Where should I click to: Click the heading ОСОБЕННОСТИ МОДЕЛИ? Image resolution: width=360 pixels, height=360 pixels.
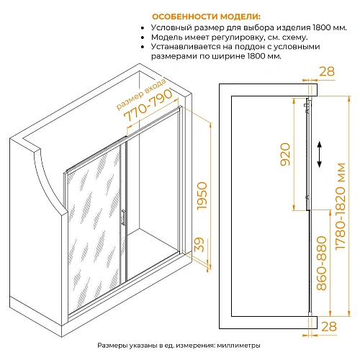click(206, 17)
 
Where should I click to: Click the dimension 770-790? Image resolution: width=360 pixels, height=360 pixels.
click(148, 106)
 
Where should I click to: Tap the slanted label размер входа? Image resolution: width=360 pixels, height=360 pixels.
click(141, 94)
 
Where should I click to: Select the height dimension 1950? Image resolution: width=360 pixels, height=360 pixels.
click(202, 196)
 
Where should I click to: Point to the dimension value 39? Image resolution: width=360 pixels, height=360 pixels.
click(199, 245)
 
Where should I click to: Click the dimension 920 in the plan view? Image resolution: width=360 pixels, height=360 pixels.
click(285, 154)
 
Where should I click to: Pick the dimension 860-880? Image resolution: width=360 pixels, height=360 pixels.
click(322, 263)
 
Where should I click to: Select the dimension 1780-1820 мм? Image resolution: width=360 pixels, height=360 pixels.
click(341, 207)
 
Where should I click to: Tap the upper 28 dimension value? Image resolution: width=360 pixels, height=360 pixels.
click(327, 71)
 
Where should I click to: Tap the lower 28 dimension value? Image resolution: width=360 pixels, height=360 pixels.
click(329, 326)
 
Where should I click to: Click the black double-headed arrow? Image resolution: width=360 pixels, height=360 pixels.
click(319, 154)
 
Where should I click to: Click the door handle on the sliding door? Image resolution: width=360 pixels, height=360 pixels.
click(123, 217)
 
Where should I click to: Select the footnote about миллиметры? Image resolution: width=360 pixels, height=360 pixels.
click(179, 346)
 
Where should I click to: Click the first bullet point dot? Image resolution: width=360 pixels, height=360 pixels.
click(143, 28)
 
